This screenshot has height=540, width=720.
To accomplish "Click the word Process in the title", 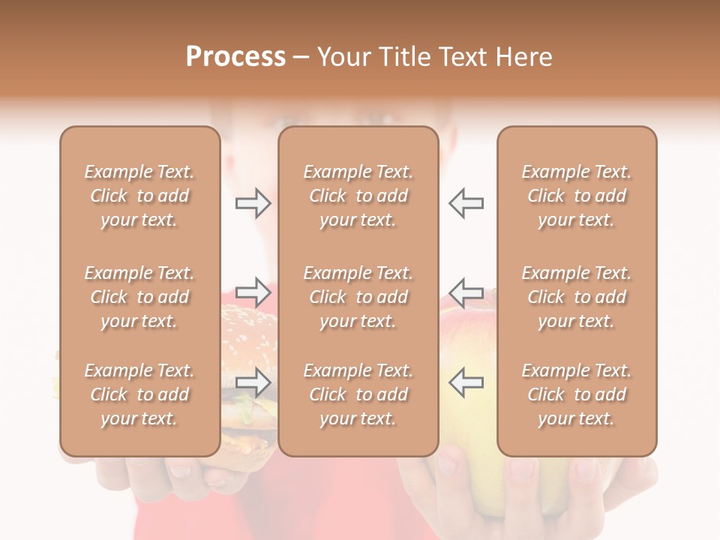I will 235,57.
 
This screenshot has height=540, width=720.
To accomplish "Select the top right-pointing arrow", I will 253,202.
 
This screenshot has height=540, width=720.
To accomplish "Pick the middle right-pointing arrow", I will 253,292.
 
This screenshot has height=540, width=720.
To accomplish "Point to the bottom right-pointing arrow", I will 253,382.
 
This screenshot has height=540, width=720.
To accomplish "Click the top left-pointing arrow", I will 466,202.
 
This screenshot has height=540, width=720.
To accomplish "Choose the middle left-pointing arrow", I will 466,292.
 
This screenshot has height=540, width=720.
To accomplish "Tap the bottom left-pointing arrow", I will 466,382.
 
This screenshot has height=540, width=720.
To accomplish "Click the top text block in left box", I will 139,196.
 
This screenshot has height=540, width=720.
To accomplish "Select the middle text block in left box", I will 139,297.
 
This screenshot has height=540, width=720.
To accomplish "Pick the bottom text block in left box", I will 139,394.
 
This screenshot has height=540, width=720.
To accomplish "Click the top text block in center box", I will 358,196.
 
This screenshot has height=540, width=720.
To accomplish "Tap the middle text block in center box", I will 358,297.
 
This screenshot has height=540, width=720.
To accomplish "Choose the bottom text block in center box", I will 358,394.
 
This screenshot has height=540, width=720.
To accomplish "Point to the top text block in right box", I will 577,196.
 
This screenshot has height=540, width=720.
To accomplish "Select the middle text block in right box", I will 577,297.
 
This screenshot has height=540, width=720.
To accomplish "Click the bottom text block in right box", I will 577,394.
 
